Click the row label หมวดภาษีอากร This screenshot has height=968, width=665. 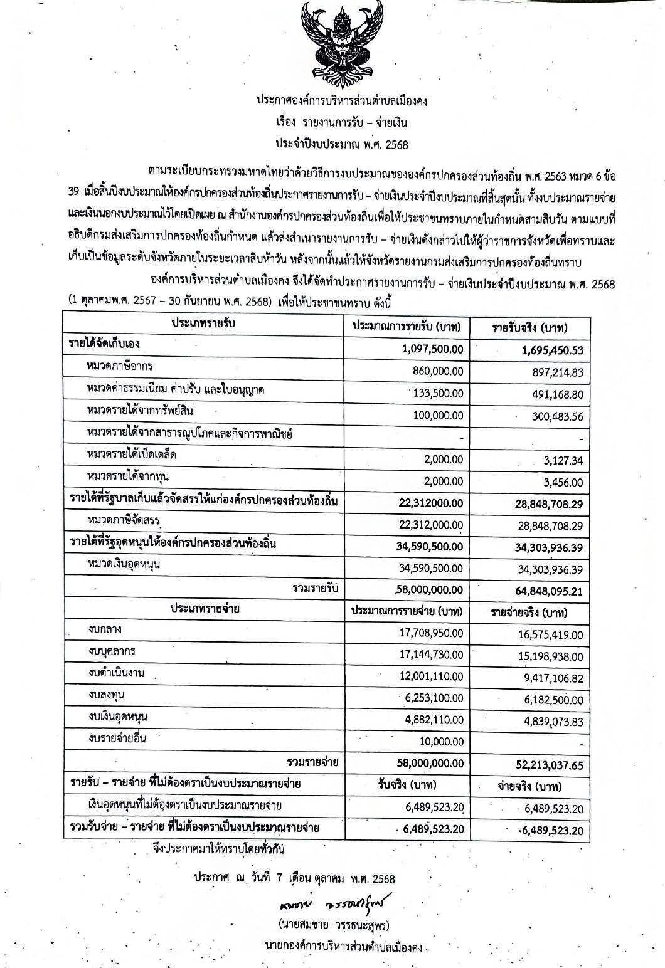pos(120,366)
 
